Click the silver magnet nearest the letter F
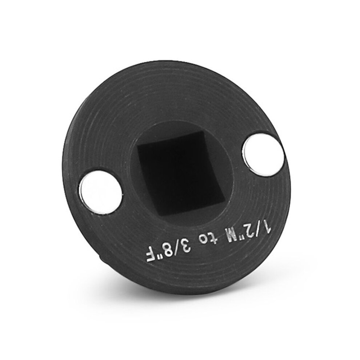(101, 192)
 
